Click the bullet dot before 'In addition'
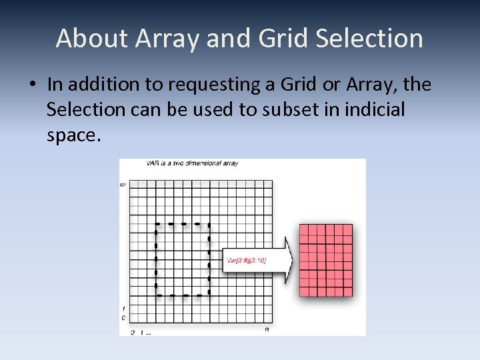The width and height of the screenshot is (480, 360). coord(31,86)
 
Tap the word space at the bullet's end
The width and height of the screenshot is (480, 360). coord(73,135)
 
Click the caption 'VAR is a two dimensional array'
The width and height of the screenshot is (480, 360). coord(192,163)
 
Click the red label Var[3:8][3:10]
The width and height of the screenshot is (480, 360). coord(247,260)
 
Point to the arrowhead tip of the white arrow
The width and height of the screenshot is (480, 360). coord(293,259)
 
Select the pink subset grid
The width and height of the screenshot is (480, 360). coord(325,260)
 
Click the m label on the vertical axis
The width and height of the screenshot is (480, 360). coord(123,184)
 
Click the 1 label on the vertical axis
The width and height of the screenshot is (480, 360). coord(123,309)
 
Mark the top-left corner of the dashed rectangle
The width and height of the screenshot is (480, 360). coord(156,223)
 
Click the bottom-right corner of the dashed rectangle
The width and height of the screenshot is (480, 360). coord(209,294)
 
